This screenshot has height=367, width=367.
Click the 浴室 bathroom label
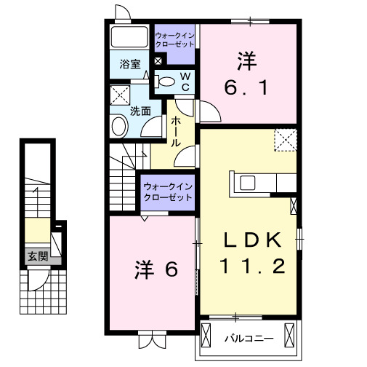(x=131, y=64)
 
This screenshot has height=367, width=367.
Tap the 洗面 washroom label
(x=140, y=111)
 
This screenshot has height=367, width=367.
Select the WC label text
(x=185, y=81)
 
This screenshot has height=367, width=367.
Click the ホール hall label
(x=176, y=133)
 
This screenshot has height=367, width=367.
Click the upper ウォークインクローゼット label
(x=175, y=39)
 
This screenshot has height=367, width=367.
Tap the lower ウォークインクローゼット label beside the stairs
(x=169, y=192)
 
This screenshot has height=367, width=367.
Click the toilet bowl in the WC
(x=165, y=82)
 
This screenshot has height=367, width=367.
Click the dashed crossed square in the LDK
(x=286, y=139)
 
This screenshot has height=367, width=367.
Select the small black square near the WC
(x=159, y=60)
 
